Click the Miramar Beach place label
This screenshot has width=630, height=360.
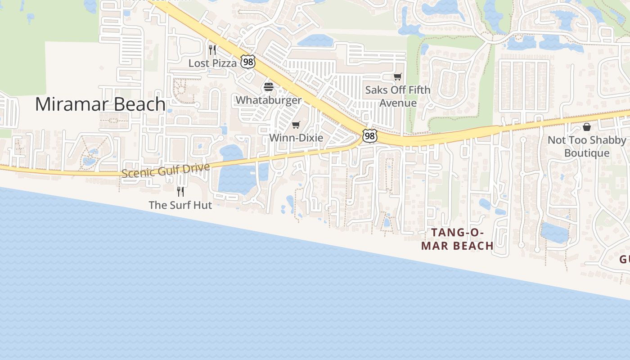[x=100, y=104]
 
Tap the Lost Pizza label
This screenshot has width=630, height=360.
[x=212, y=63]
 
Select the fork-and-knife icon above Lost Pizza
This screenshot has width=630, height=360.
[x=212, y=49]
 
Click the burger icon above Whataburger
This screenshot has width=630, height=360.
[x=269, y=87]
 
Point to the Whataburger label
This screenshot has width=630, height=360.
[x=269, y=100]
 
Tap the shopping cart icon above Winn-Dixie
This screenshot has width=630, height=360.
[x=296, y=125]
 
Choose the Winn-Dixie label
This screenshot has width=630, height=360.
[x=296, y=138]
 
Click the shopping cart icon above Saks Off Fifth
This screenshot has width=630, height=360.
[x=397, y=77]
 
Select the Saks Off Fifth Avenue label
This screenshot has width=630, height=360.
[x=397, y=96]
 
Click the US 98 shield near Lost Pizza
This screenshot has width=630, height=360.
[x=247, y=62]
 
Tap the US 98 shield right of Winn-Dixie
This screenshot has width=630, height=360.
[x=369, y=135]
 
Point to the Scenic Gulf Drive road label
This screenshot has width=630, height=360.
[x=166, y=171]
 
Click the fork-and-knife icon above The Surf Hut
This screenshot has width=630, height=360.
[x=180, y=192]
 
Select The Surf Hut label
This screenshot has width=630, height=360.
[x=180, y=205]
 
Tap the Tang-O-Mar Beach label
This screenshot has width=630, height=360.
[x=457, y=239]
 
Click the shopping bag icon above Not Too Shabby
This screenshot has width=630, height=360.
[x=586, y=127]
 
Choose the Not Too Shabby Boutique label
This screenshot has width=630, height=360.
[x=586, y=147]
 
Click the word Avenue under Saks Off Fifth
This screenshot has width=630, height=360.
[x=398, y=103]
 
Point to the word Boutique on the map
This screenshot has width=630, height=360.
[x=586, y=153]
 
